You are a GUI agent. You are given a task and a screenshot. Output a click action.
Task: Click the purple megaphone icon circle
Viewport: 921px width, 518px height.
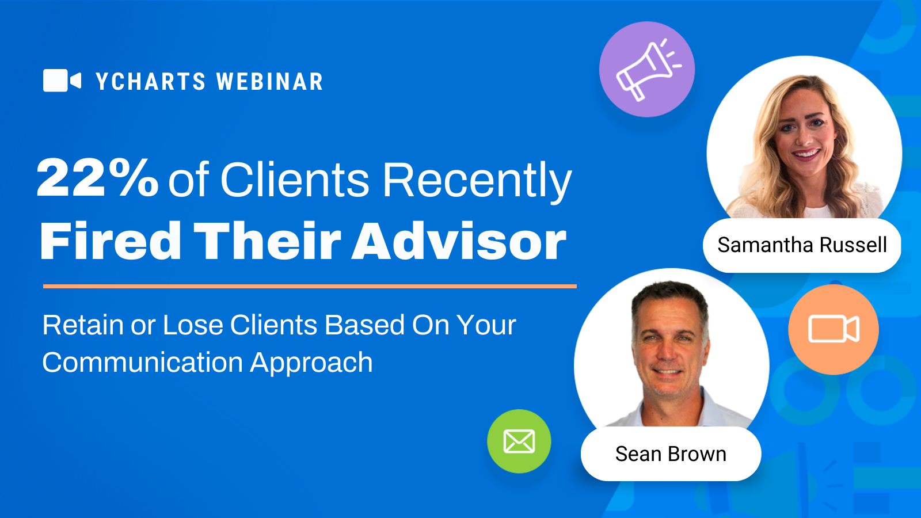coord(647,70)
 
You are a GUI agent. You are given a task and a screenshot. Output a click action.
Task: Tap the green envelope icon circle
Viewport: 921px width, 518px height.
coord(519,441)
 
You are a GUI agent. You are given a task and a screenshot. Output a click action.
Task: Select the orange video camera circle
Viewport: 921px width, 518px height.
coord(834,329)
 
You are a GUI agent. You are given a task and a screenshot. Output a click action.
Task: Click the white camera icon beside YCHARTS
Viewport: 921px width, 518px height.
coord(62,81)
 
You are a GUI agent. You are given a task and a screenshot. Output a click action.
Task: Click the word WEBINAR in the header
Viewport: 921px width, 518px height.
coord(270,81)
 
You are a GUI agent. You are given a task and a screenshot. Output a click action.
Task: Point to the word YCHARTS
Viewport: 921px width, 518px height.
coord(150,81)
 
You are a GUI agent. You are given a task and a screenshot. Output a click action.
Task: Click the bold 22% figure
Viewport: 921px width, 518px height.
coord(97,178)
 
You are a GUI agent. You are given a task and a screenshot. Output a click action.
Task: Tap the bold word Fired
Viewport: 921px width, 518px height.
coord(111,241)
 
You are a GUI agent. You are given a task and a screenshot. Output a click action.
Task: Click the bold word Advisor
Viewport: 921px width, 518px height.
coord(459,241)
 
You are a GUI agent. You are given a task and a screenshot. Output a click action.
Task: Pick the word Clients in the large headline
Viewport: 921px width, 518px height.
coord(295,179)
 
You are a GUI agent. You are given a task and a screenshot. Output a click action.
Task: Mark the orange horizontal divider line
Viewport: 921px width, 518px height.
coord(310,286)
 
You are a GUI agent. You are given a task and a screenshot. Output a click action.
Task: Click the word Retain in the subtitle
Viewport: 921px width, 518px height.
coord(83,325)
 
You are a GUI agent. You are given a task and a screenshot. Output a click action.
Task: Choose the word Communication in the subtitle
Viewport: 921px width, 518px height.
coord(143,363)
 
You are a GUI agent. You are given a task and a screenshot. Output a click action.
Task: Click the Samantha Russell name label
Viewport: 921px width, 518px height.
coord(802,245)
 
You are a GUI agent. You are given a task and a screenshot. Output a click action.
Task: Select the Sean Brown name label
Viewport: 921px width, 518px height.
coord(671,454)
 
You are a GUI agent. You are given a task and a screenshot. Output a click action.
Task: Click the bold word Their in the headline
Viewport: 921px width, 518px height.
coord(267,241)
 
